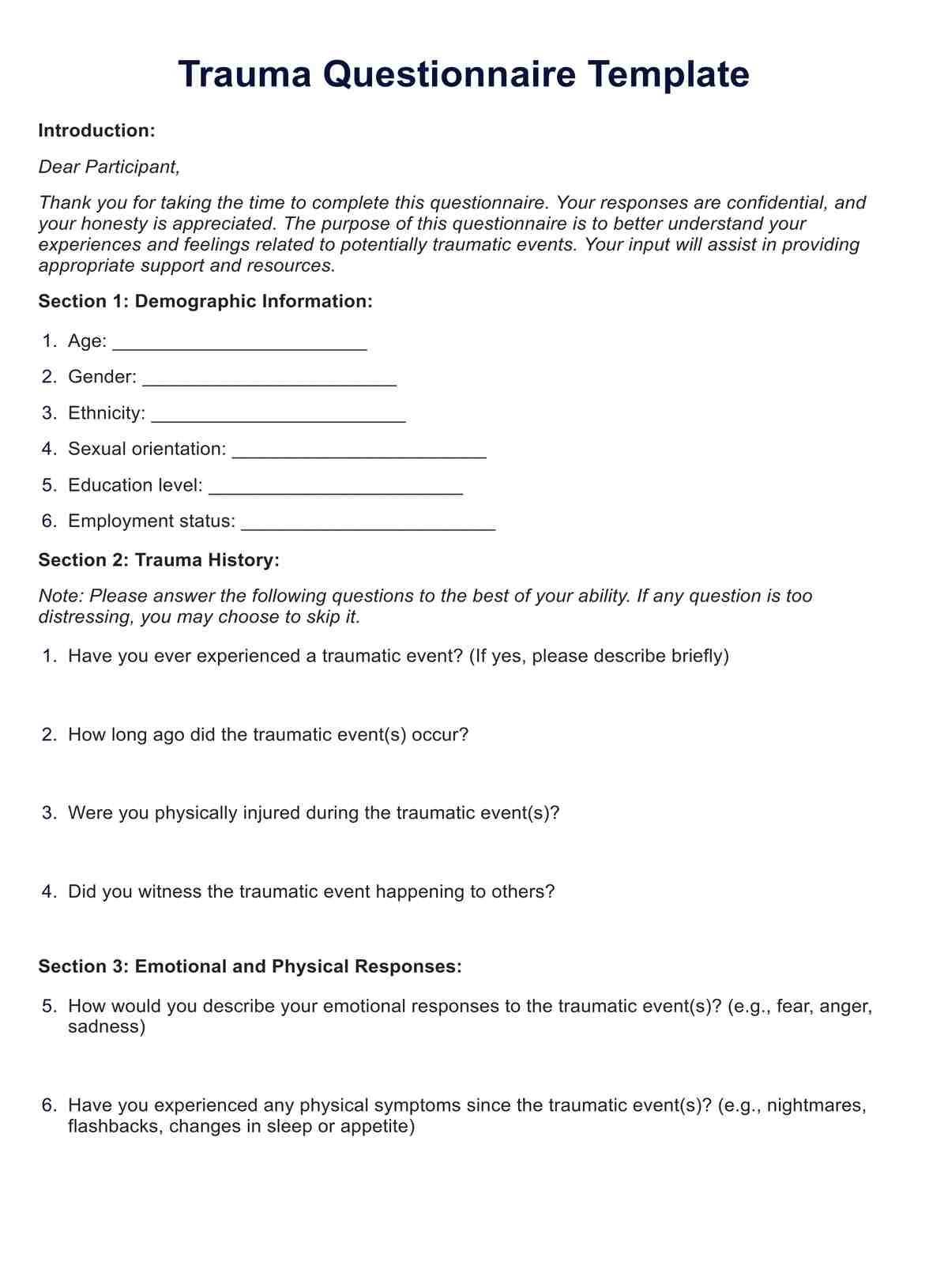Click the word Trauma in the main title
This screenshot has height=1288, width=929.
click(x=244, y=75)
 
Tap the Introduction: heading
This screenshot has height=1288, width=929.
click(x=96, y=130)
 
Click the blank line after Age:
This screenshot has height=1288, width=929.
click(x=239, y=343)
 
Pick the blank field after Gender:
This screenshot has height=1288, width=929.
click(x=269, y=379)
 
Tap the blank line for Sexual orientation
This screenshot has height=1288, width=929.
click(x=359, y=451)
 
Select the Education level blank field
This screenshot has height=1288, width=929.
click(x=336, y=488)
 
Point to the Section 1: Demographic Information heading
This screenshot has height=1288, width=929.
click(x=205, y=301)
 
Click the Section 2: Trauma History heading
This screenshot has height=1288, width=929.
click(x=159, y=560)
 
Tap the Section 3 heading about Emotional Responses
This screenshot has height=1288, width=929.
click(x=250, y=966)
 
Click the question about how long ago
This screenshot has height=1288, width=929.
click(x=268, y=735)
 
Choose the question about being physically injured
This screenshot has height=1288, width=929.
click(x=314, y=813)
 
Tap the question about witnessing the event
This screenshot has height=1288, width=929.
click(x=311, y=892)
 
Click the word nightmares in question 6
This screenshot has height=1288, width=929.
click(x=816, y=1105)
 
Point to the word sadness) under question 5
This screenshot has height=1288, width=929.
click(x=107, y=1027)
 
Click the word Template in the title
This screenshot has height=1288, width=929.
click(x=668, y=75)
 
